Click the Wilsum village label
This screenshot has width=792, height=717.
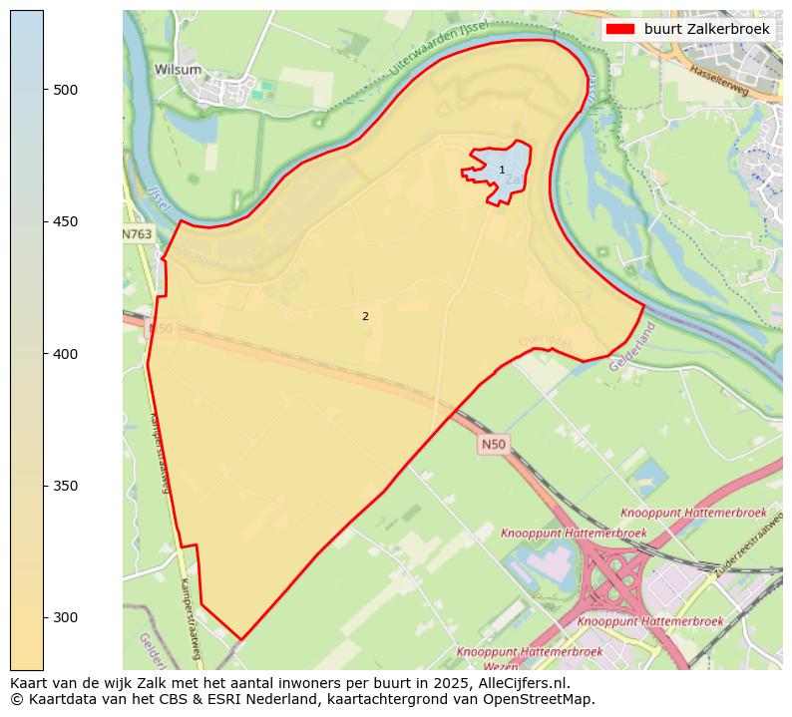(178, 70)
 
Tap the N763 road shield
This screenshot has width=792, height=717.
(138, 234)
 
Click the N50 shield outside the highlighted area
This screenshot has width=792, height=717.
(493, 444)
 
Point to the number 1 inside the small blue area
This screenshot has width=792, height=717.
(502, 171)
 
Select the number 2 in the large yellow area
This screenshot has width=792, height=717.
(365, 316)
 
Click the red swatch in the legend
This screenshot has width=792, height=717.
(619, 30)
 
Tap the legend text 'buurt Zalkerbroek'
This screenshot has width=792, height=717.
(707, 30)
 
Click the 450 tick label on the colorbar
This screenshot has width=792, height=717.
(65, 221)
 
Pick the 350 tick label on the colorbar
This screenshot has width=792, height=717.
(65, 486)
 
